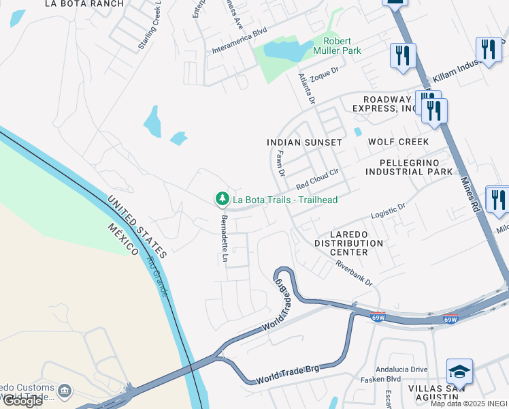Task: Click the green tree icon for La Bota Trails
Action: tap(222, 199)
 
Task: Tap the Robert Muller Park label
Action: tap(337, 46)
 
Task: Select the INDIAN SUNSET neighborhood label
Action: tap(304, 142)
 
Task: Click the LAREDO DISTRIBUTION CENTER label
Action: tap(349, 243)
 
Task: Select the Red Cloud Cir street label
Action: tap(317, 180)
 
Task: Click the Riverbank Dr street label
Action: tap(354, 273)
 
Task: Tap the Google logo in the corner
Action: tap(22, 401)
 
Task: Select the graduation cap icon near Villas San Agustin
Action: tap(460, 372)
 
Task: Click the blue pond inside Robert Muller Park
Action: tap(286, 49)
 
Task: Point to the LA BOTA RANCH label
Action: tap(84, 4)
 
